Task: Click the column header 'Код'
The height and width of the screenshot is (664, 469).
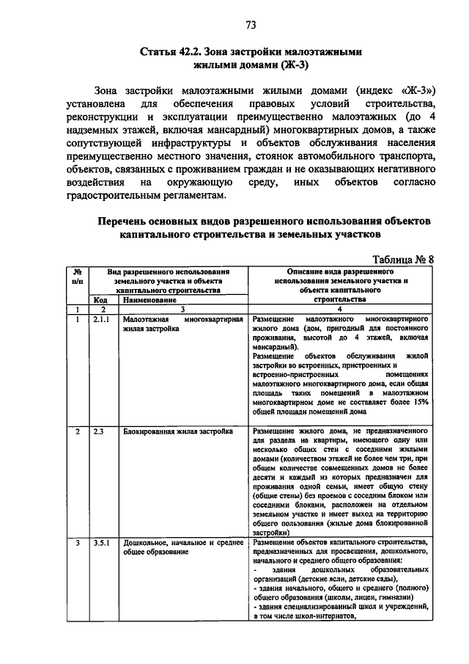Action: click(100, 300)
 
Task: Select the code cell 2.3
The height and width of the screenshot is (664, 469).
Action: click(98, 431)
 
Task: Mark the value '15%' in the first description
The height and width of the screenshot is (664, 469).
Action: click(418, 401)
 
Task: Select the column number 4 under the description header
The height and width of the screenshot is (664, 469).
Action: click(338, 310)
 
